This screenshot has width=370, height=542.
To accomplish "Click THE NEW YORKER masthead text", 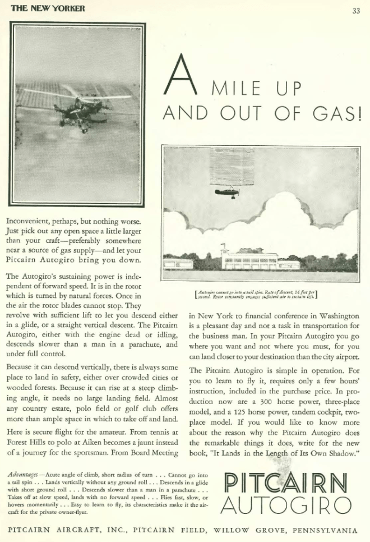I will click(x=48, y=8).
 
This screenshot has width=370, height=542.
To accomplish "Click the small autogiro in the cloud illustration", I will click(x=227, y=192).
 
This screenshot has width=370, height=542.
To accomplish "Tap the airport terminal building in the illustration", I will click(x=249, y=260).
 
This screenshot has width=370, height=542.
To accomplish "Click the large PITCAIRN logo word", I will click(x=285, y=481).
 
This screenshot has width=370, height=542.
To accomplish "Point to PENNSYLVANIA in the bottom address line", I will click(x=321, y=530).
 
